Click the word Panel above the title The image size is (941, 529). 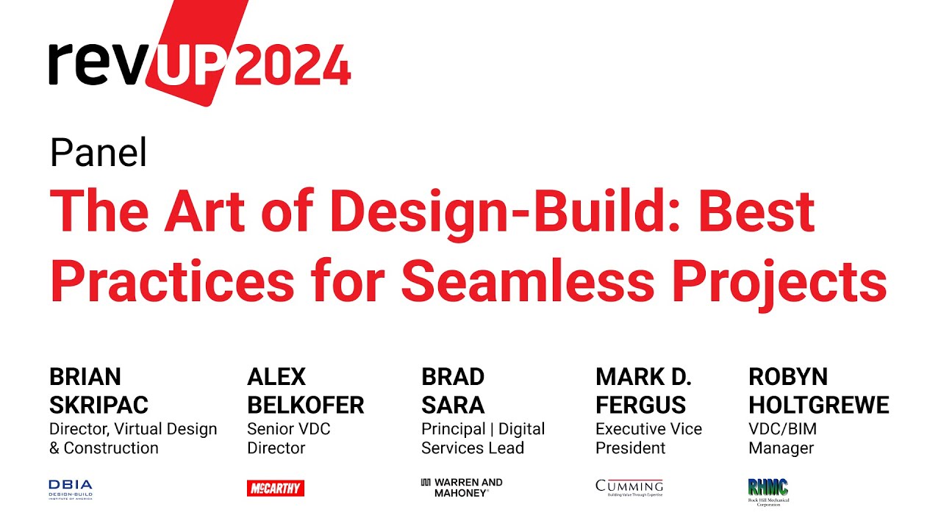[x=99, y=153]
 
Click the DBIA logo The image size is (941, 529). [x=71, y=489]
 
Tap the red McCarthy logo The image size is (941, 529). [x=276, y=488]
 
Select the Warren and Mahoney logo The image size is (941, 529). [x=462, y=488]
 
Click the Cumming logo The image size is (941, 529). [x=629, y=488]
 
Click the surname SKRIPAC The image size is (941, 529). [x=99, y=405]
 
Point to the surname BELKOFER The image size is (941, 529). [x=305, y=405]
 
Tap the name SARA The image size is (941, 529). [x=453, y=405]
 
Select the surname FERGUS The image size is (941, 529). [x=640, y=405]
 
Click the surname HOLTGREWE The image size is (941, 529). [x=818, y=405]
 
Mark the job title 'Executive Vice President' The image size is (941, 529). [x=648, y=438]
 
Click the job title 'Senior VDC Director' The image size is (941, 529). [x=289, y=438]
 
